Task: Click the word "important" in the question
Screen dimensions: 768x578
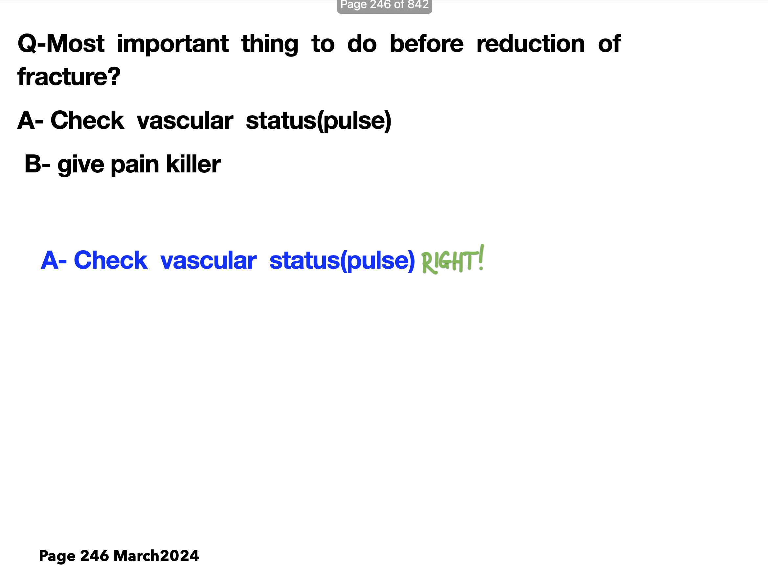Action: point(172,44)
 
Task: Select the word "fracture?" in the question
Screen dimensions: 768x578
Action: point(69,77)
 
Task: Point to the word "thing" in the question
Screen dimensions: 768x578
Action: point(270,44)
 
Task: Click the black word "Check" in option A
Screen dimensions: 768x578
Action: point(87,121)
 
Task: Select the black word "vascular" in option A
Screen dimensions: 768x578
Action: point(185,121)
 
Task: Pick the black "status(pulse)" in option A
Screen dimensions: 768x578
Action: point(319,121)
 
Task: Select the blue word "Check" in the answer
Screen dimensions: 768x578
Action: point(110,260)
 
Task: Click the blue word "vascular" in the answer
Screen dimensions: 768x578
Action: point(208,260)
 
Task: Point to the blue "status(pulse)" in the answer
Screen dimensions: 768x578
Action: point(342,261)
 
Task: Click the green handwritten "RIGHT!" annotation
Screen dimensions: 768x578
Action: point(453,260)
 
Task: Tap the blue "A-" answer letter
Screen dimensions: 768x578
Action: point(54,260)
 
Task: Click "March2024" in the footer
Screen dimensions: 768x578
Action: point(156,556)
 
